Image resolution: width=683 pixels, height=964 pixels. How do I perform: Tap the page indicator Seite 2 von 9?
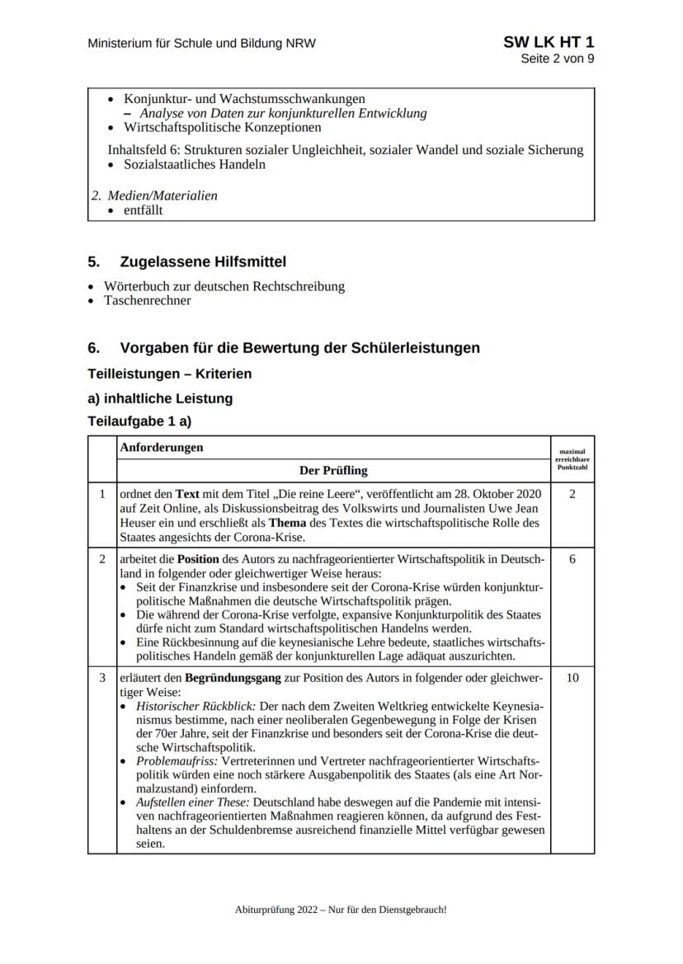tap(557, 59)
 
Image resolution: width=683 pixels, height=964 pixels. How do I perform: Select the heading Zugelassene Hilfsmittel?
tap(203, 262)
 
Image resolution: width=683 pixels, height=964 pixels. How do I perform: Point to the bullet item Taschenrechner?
tap(147, 300)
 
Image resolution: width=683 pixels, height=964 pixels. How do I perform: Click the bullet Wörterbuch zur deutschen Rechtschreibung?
tap(224, 287)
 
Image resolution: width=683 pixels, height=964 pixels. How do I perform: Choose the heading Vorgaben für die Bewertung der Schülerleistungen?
tap(299, 348)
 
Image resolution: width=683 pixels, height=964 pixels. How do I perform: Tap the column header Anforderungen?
tap(162, 448)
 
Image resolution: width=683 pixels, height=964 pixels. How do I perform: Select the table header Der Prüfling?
tap(332, 471)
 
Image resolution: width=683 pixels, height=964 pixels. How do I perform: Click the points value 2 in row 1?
tap(572, 494)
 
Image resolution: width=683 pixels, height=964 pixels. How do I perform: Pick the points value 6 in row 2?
tap(572, 560)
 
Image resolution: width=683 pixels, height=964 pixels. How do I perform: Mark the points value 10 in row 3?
tap(572, 678)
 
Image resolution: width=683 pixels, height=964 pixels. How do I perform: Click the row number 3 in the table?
tap(102, 678)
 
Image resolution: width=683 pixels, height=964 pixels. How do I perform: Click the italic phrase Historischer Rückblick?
tap(187, 708)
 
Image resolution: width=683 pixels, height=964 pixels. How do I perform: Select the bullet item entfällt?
tap(143, 210)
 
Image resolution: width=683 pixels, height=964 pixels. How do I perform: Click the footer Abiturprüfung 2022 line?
tap(341, 910)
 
